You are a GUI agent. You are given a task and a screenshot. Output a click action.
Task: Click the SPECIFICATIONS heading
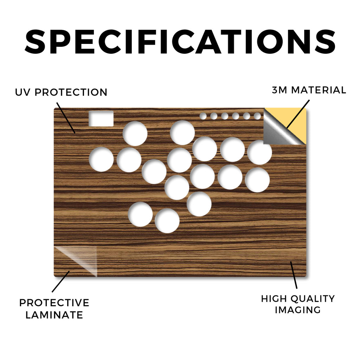tap(180, 42)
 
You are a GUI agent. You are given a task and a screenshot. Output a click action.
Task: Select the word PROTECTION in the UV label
tap(71, 92)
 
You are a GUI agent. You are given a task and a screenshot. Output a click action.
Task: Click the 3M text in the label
tap(279, 90)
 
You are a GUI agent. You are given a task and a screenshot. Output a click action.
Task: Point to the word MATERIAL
tap(319, 90)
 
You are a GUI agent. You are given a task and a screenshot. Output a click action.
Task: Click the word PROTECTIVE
tap(54, 303)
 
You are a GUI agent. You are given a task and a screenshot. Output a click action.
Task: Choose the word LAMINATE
tap(54, 315)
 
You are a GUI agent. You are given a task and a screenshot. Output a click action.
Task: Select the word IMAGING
tap(298, 310)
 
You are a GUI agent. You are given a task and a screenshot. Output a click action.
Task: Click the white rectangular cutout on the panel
tap(101, 119)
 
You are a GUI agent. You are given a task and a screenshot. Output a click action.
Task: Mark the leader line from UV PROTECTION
tap(66, 118)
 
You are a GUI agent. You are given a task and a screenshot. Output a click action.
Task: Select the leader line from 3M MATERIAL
tap(298, 114)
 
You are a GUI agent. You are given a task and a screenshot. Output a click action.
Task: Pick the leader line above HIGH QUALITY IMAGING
tap(294, 275)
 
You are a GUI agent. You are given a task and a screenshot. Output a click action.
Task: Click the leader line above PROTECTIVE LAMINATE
tap(60, 282)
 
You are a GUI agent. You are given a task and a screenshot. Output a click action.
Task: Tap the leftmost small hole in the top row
tap(203, 116)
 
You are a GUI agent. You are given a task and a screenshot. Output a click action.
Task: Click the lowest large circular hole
tap(167, 221)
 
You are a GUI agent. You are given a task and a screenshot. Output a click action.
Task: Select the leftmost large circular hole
tap(101, 159)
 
